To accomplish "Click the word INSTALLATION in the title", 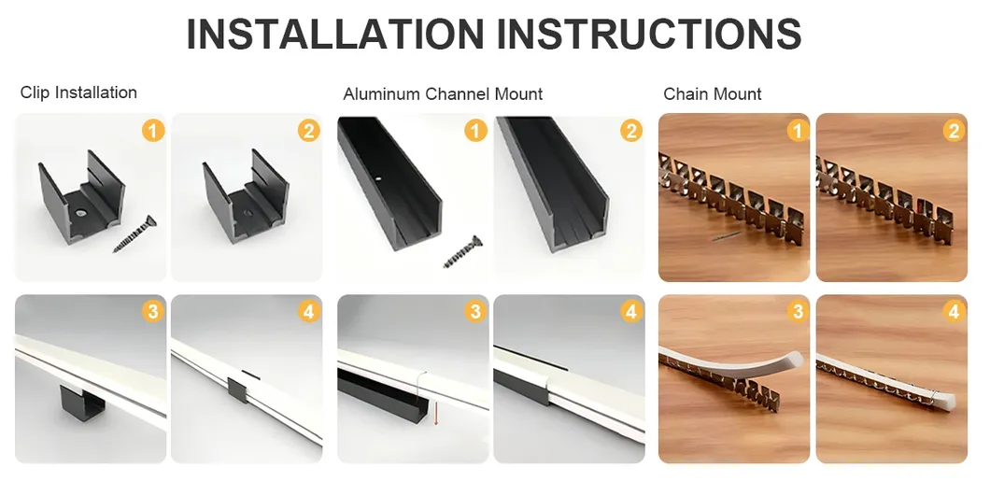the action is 335,35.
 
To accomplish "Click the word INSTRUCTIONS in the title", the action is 650,35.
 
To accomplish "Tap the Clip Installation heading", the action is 78,92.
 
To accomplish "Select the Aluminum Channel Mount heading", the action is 443,94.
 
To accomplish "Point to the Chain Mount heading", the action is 713,94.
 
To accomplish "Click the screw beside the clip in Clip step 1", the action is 134,234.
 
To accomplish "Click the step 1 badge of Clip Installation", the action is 153,132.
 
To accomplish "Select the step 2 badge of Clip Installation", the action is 309,131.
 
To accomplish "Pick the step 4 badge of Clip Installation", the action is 309,311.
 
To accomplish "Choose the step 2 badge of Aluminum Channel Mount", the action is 630,131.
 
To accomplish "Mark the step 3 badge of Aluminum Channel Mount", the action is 474,311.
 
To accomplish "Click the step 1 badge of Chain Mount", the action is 798,131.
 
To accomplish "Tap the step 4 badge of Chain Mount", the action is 954,311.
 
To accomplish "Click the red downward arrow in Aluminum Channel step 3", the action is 435,410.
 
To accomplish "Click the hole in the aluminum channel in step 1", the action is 378,178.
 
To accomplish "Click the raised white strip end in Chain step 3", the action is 792,361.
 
